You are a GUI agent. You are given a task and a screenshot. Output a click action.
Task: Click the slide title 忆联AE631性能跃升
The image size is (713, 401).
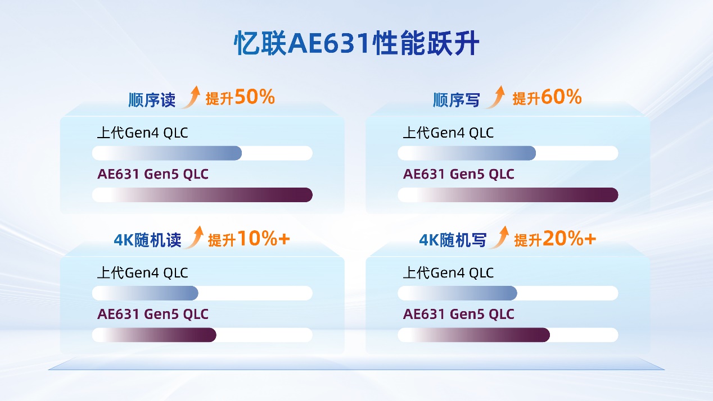pos(356,43)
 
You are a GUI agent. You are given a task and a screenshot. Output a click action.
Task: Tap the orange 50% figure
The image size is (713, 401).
pos(255,97)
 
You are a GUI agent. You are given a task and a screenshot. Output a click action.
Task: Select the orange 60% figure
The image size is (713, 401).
pos(561,97)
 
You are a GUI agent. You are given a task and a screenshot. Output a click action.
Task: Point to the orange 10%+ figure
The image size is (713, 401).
pos(264,238)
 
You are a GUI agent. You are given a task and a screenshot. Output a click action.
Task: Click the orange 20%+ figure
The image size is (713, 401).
pos(570,238)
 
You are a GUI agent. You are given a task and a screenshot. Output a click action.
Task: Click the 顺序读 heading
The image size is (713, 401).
pos(152,100)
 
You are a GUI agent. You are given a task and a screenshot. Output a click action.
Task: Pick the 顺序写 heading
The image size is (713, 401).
pos(457,100)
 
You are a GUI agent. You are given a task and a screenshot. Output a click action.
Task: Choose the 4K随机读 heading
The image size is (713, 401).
pos(148,240)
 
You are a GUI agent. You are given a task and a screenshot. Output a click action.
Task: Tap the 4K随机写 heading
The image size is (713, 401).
pos(453,240)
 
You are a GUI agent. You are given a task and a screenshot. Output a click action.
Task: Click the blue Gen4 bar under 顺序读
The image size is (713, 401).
pos(167,153)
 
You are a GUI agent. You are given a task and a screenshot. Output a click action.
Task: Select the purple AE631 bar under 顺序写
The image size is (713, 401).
pos(508,195)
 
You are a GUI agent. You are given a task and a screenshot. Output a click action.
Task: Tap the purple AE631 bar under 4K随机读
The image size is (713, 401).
pos(155,335)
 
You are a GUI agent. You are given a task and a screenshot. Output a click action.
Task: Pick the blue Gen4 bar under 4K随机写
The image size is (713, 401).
pos(457,293)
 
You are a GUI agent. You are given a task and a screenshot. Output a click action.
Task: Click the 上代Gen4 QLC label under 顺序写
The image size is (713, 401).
pos(448,133)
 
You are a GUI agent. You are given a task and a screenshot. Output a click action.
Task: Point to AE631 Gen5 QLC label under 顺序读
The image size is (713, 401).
pos(153,174)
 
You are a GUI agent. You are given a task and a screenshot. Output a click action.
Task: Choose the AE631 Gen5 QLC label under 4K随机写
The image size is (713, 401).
pos(458,314)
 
